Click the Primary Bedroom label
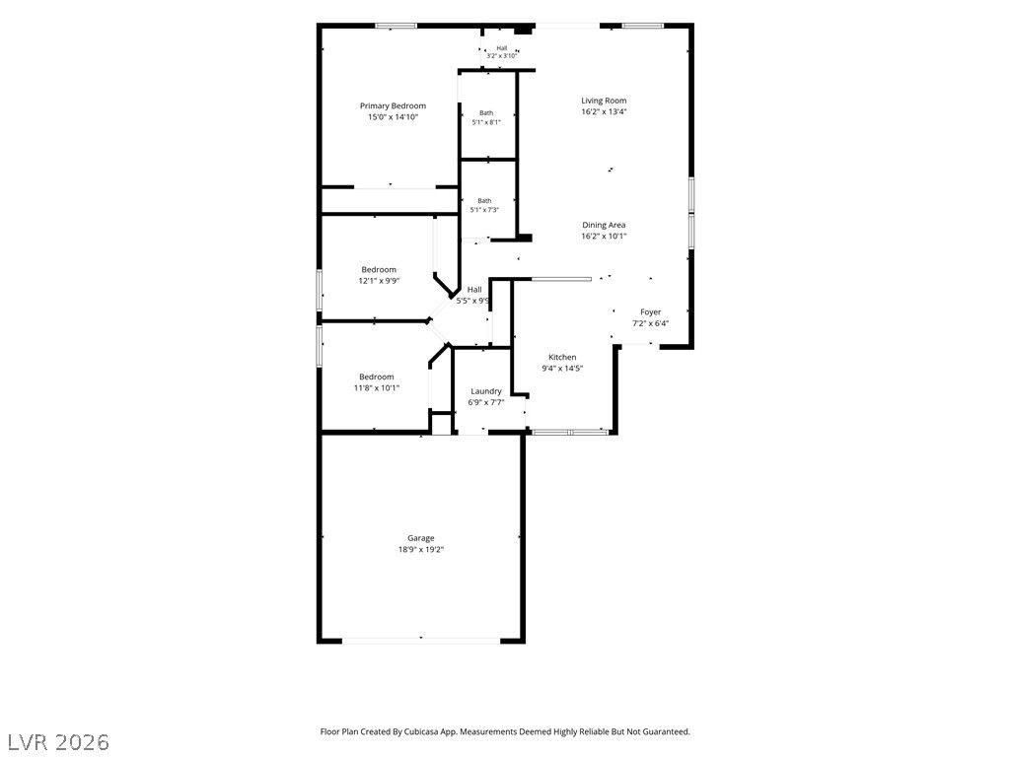393,106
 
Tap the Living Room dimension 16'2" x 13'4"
605,111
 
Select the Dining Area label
604,226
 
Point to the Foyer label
651,312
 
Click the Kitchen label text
562,357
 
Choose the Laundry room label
486,391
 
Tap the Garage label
420,538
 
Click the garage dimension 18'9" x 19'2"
421,550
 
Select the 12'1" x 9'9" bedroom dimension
379,281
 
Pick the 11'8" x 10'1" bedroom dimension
377,388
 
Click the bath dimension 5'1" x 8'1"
486,122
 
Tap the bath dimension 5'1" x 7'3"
484,210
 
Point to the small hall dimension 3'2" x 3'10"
502,56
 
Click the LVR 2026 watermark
55,742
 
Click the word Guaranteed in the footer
669,732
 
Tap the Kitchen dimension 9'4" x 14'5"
562,369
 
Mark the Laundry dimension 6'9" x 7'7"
486,403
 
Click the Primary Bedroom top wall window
396,26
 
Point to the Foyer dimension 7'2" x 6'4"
651,323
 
